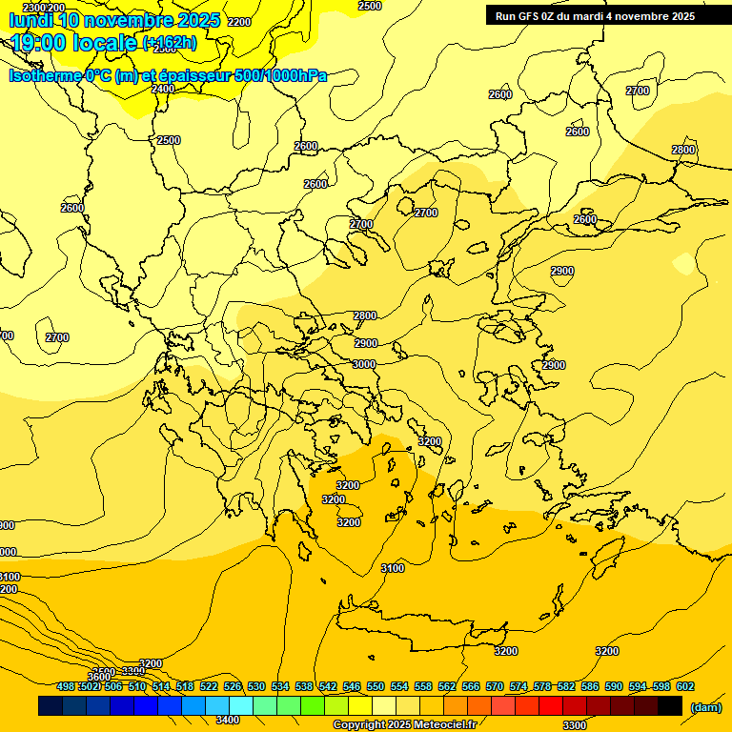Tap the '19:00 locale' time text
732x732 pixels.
tap(74, 43)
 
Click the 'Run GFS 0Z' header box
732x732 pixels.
tap(595, 16)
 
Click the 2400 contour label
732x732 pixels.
tap(163, 89)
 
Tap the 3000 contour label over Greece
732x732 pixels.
tap(364, 364)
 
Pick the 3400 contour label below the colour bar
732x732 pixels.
tap(228, 720)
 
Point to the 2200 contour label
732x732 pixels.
tap(240, 22)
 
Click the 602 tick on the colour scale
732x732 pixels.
tap(684, 686)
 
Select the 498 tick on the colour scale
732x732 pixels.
tap(66, 686)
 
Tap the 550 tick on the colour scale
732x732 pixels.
tap(376, 686)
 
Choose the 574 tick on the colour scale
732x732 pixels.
tap(518, 686)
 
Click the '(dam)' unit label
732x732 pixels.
tap(706, 707)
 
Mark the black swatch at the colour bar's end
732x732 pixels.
tap(670, 705)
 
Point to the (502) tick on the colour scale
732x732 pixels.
tap(90, 686)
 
